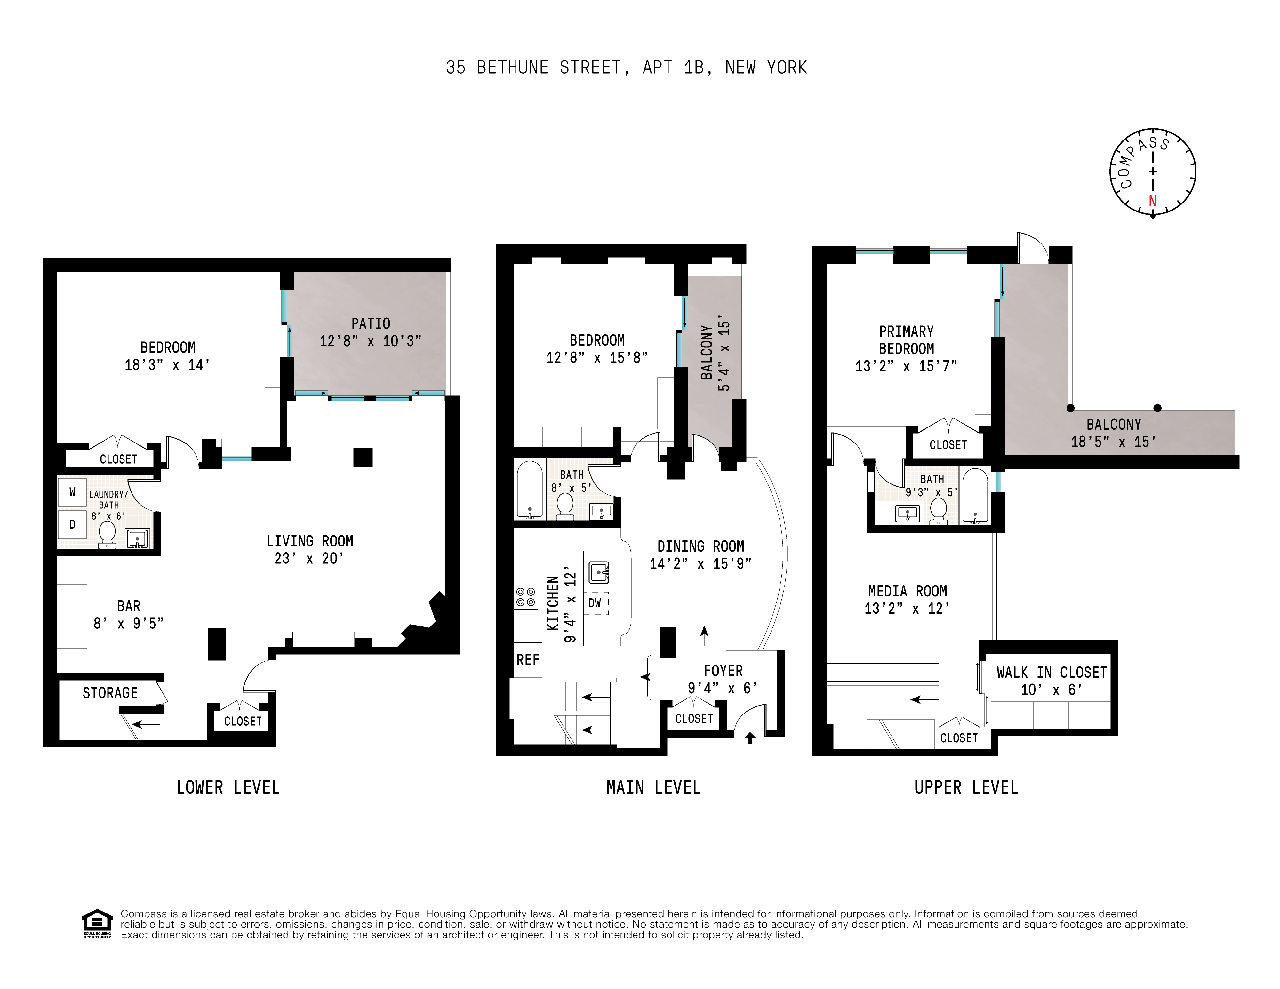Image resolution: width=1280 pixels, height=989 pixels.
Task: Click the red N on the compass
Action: coord(1152,201)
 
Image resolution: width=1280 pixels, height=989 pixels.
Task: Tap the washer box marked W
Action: coord(72,492)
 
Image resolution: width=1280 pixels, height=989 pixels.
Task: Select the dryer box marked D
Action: coord(72,524)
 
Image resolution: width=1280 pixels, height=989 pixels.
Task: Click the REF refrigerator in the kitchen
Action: coord(527,660)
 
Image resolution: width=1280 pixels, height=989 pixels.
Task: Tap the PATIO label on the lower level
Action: coord(371,323)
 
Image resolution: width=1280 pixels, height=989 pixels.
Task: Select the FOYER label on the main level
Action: coord(723,671)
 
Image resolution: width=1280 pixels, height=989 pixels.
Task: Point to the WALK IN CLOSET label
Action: coord(1052,673)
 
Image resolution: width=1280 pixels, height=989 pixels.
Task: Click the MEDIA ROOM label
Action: coord(907,591)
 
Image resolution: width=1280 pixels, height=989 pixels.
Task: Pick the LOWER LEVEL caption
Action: coord(228,787)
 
